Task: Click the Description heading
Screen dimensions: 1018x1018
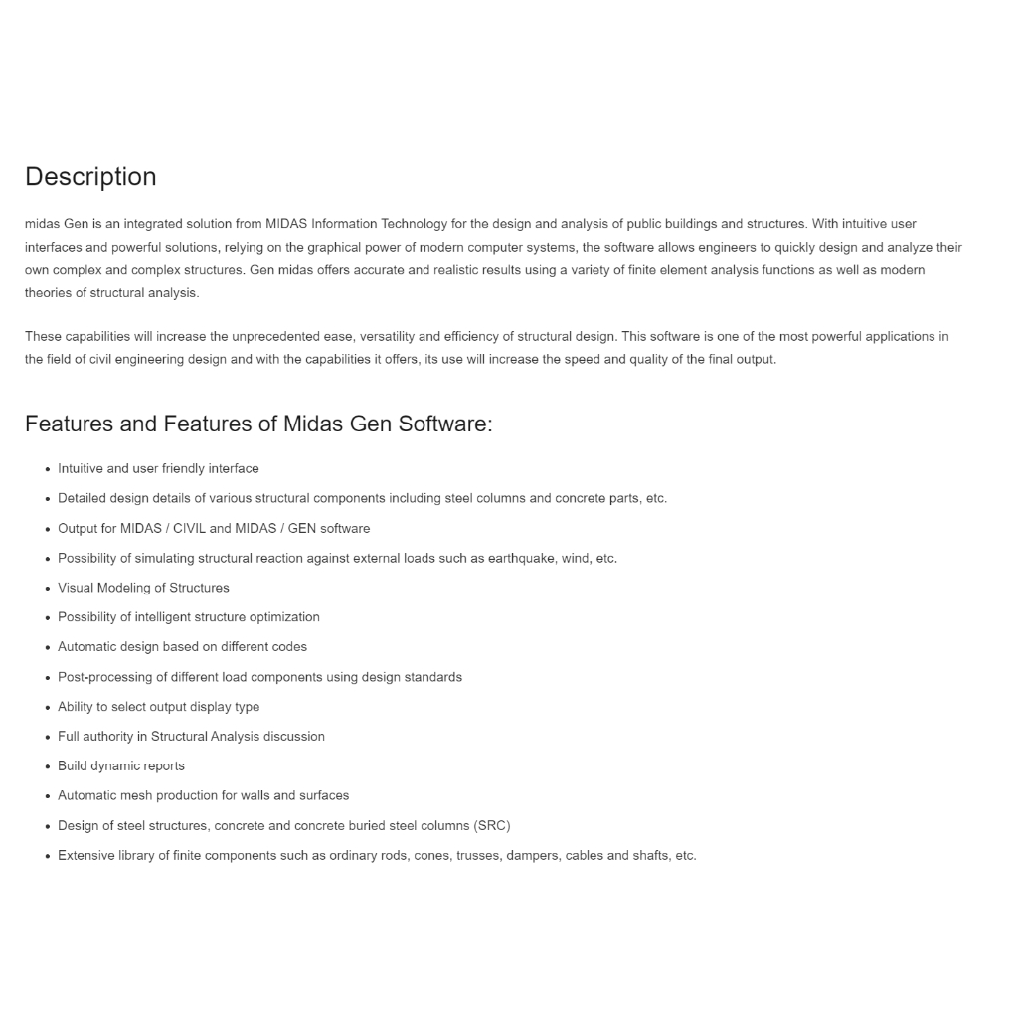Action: [90, 177]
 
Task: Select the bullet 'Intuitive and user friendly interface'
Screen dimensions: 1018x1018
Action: [158, 468]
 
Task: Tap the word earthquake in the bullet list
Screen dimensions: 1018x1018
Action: [521, 558]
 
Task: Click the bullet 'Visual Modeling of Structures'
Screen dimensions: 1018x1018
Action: [143, 588]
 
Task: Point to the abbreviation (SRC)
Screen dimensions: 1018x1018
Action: [492, 825]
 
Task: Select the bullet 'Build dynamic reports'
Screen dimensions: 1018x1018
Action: [121, 765]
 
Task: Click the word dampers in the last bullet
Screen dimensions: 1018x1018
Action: [532, 855]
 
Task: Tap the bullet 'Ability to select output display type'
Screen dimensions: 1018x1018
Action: [158, 707]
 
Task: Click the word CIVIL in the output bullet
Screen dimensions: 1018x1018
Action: [189, 528]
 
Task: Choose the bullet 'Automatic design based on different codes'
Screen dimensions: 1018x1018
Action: [182, 647]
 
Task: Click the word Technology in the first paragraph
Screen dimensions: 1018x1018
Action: [415, 224]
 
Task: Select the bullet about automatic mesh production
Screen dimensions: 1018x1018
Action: [203, 795]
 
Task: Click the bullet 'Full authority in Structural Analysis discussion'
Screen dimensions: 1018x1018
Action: [191, 737]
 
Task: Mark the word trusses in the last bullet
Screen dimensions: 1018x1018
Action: [478, 855]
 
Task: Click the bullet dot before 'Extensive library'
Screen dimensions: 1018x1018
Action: [47, 856]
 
